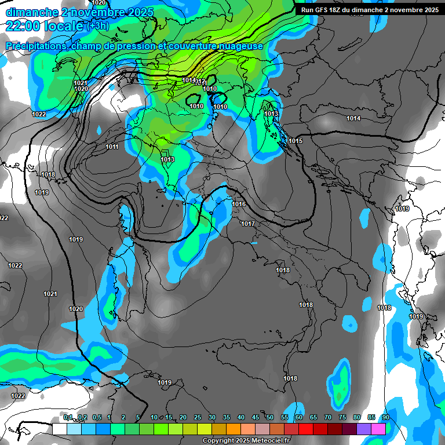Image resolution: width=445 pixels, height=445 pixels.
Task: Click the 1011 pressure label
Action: click(112, 147)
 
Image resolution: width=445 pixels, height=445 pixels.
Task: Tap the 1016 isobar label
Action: click(239, 204)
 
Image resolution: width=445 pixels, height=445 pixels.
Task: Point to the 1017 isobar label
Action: click(248, 224)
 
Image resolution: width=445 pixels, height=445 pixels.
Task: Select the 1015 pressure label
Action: click(296, 141)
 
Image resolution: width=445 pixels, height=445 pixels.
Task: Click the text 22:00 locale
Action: click(44, 26)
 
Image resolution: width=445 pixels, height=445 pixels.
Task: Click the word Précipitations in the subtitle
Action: click(35, 46)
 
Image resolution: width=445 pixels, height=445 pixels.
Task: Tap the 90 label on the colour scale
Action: click(385, 417)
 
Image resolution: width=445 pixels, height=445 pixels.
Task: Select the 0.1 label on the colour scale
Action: click(68, 417)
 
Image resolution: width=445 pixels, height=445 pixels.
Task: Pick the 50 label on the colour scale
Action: click(270, 417)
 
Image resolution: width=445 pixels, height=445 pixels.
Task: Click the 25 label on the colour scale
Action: click(198, 417)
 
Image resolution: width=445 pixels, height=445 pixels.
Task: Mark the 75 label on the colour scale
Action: click(342, 417)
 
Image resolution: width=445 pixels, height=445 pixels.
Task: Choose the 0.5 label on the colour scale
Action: click(96, 417)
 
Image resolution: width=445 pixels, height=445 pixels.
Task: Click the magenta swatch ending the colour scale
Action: click(378, 428)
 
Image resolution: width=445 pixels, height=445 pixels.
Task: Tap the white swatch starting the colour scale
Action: click(60, 428)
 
